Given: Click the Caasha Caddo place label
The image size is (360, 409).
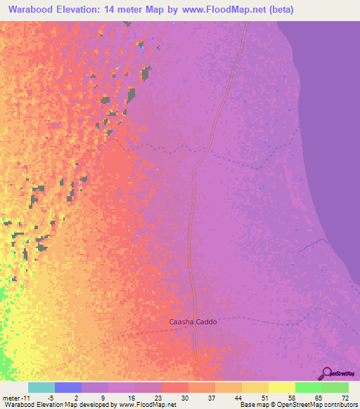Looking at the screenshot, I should coord(193,322).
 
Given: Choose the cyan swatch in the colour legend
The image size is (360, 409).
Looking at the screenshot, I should coord(41,387).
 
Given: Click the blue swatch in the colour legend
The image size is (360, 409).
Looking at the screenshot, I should coord(68,387).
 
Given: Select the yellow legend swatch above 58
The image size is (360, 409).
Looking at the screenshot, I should coord(282,387).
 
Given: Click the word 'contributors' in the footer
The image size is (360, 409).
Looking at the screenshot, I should coord(337,405).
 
